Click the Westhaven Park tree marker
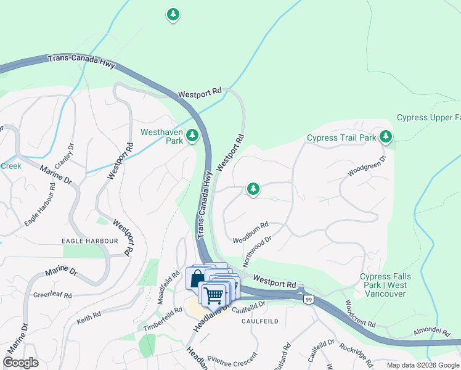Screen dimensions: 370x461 192,134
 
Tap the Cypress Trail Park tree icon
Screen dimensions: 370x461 386,136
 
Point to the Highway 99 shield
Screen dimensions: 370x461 308,299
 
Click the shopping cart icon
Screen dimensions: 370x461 214,294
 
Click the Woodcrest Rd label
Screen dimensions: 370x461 360,313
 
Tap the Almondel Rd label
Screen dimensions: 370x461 431,331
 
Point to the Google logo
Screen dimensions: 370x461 20,363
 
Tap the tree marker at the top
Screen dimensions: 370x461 173,14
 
